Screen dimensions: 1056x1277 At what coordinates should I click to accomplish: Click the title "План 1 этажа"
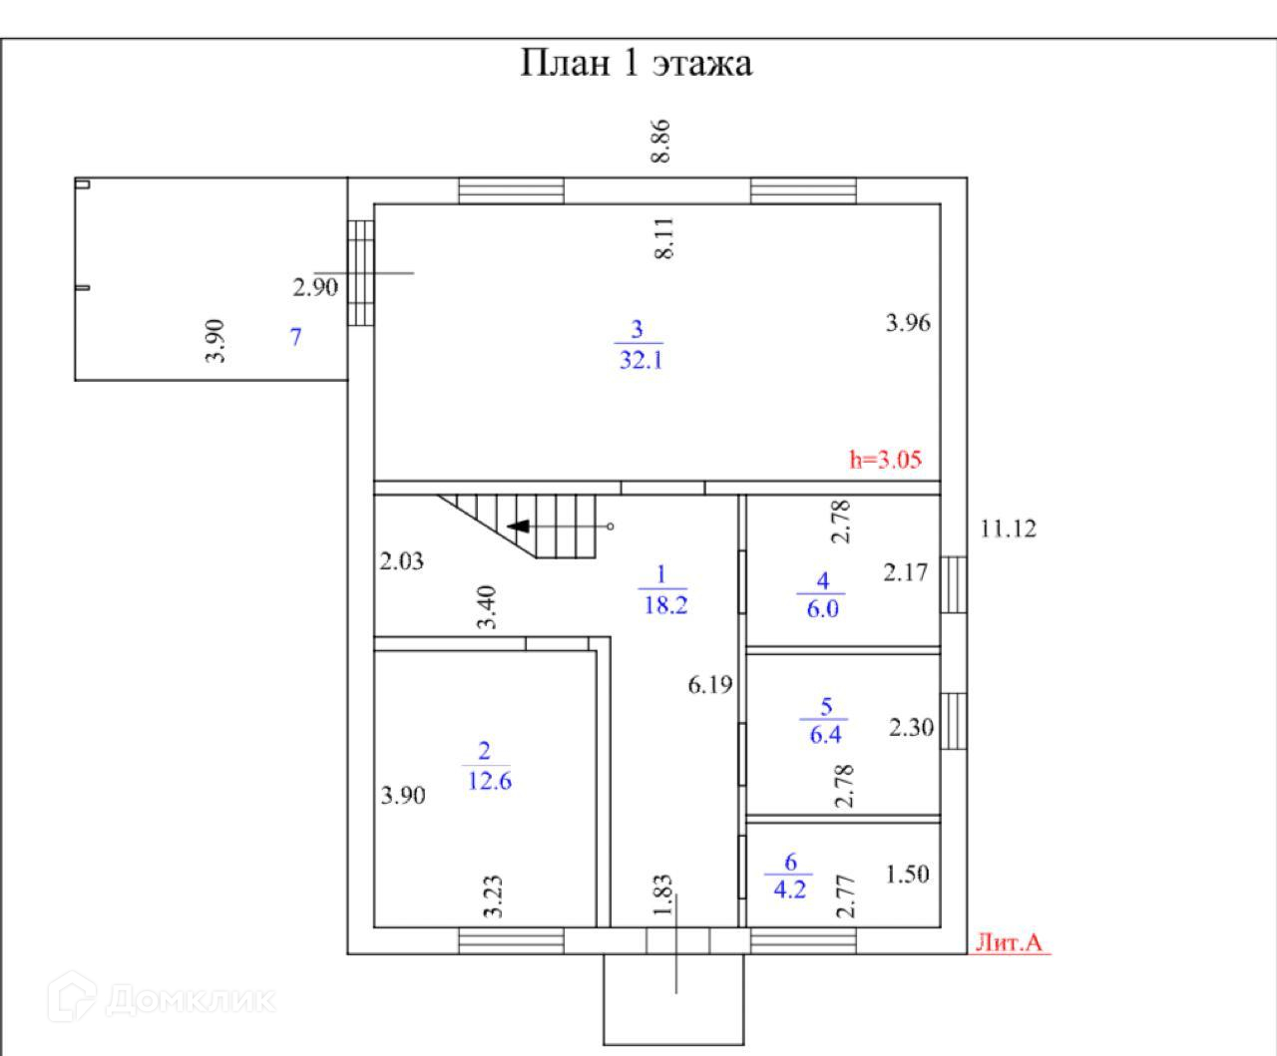637,63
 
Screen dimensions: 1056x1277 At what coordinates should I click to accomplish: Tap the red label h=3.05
885,460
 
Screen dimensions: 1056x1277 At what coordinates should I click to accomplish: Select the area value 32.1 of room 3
640,360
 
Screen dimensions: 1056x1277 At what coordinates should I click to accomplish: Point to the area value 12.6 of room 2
489,781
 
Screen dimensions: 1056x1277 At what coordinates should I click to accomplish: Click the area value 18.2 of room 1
665,604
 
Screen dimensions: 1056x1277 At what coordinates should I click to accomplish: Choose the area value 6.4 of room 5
824,735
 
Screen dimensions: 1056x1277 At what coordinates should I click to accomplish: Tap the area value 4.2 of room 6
790,888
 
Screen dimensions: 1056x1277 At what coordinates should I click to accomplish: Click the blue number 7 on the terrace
295,337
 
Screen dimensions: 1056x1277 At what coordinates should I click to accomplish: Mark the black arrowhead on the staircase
518,526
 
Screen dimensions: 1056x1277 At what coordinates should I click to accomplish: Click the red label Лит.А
1009,942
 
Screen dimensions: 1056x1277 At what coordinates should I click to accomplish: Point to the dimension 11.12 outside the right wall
1008,528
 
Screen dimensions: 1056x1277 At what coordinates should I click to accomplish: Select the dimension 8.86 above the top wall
660,142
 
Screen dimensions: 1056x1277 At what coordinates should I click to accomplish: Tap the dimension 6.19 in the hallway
709,685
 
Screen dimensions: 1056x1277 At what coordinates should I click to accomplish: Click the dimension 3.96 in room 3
908,322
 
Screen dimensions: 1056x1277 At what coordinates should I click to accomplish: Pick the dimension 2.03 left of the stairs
401,561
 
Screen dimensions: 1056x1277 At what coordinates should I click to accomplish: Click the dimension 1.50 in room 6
908,874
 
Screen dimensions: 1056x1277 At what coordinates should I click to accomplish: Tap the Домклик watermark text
190,998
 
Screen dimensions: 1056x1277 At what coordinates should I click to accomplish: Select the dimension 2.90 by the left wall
315,288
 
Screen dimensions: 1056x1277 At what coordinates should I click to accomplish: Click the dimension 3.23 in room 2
492,896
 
